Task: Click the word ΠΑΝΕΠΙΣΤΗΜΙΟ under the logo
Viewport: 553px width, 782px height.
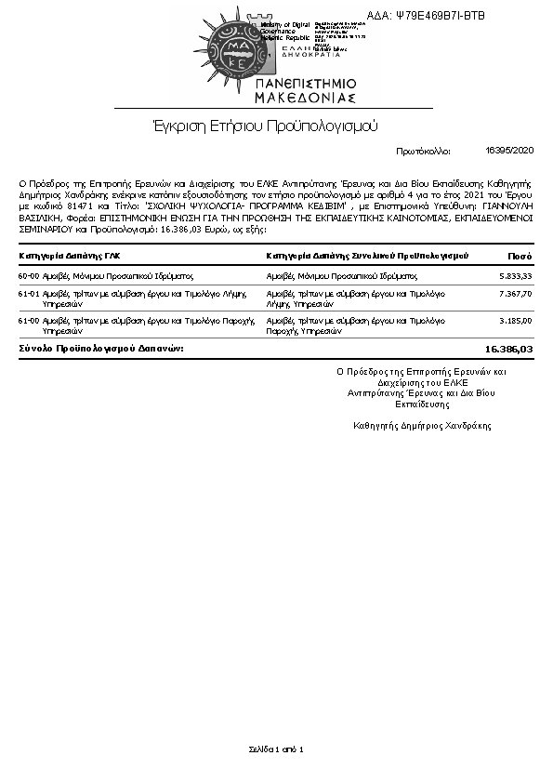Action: pos(306,84)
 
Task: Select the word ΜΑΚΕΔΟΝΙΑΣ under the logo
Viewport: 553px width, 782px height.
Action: pos(306,97)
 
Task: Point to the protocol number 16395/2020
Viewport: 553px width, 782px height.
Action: pos(509,150)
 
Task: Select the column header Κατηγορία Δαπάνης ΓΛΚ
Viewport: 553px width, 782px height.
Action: pos(70,255)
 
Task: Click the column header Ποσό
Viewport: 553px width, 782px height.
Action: pos(520,255)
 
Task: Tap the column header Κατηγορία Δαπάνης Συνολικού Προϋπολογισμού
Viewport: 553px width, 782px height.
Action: pos(366,255)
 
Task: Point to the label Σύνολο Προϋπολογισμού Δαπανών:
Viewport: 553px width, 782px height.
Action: pos(101,348)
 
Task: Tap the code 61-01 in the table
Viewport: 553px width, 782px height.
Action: pos(29,294)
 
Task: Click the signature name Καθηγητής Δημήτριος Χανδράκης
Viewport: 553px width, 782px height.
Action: pos(423,425)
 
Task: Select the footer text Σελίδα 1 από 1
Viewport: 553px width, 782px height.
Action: pos(276,749)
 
